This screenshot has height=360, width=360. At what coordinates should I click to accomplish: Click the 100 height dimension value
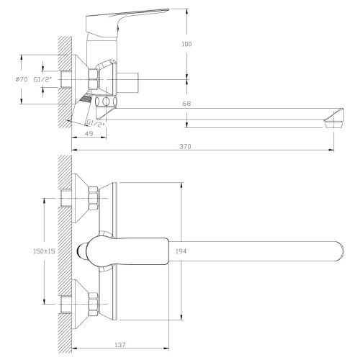click(x=188, y=44)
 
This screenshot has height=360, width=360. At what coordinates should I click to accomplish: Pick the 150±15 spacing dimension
click(x=36, y=252)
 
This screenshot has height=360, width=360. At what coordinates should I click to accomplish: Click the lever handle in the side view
click(x=141, y=15)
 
